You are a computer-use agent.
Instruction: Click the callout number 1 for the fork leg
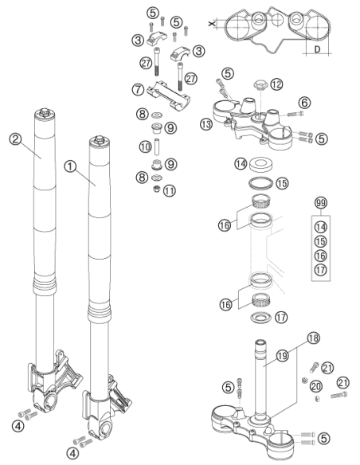pos(70,166)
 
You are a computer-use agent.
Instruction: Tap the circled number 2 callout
pos(15,139)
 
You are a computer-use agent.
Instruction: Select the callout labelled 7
pos(138,89)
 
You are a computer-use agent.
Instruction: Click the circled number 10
pos(145,147)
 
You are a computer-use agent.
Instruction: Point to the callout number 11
pos(170,190)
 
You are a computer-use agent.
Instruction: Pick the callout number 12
pos(276,84)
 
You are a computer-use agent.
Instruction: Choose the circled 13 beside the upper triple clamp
pos(206,123)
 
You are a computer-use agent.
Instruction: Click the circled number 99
pos(321,203)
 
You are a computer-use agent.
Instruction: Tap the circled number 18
pos(314,338)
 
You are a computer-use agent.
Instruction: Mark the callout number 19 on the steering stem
pos(282,355)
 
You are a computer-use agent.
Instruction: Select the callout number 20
pos(315,386)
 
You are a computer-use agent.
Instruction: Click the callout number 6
pos(304,103)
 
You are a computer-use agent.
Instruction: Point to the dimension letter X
pos(211,23)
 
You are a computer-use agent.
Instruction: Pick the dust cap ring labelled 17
pos(261,318)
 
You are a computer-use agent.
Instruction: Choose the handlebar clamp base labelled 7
pos(168,95)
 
